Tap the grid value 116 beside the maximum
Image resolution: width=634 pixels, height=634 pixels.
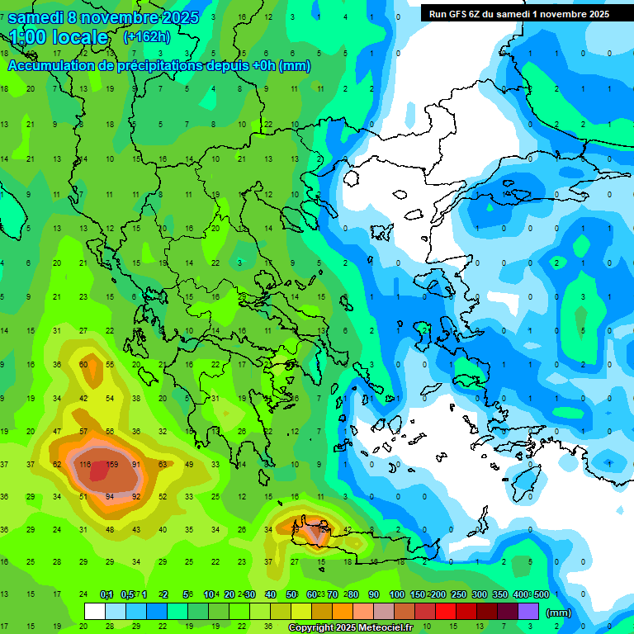(x=83, y=464)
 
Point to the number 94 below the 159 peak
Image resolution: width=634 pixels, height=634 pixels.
(x=111, y=496)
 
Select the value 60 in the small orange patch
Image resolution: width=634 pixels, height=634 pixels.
(x=83, y=364)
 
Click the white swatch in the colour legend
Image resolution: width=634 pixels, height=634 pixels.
(x=94, y=612)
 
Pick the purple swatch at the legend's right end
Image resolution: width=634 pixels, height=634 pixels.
(x=528, y=612)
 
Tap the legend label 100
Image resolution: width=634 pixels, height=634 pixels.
(x=397, y=594)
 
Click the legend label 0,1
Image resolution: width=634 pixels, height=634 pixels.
(x=106, y=594)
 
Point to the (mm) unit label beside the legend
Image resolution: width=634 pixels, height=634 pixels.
(x=558, y=613)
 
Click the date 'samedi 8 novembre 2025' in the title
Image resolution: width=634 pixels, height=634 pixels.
(x=103, y=17)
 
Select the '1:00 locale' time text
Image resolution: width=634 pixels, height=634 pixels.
(x=59, y=37)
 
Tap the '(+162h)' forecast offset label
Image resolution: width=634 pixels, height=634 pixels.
(x=147, y=36)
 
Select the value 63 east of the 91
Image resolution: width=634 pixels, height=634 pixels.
(x=163, y=464)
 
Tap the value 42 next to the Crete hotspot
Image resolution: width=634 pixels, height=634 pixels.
(x=348, y=529)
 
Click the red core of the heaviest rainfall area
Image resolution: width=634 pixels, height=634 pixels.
(x=99, y=471)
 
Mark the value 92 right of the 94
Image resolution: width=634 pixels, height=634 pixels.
(x=136, y=496)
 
